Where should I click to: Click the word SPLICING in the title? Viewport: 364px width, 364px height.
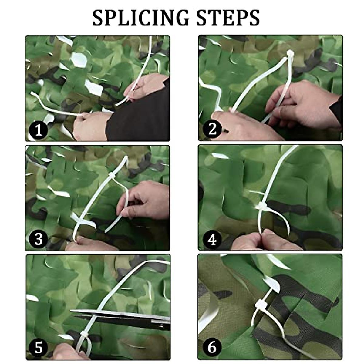coord(140,18)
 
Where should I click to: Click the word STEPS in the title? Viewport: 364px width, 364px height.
coord(228,18)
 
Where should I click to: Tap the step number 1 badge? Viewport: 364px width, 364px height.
coord(38,130)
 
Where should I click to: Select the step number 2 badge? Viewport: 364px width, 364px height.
coord(212,130)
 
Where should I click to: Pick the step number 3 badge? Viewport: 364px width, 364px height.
coord(38,239)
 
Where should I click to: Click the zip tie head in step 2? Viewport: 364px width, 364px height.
coord(290,53)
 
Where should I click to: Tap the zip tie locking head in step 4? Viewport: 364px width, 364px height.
coord(261,206)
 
